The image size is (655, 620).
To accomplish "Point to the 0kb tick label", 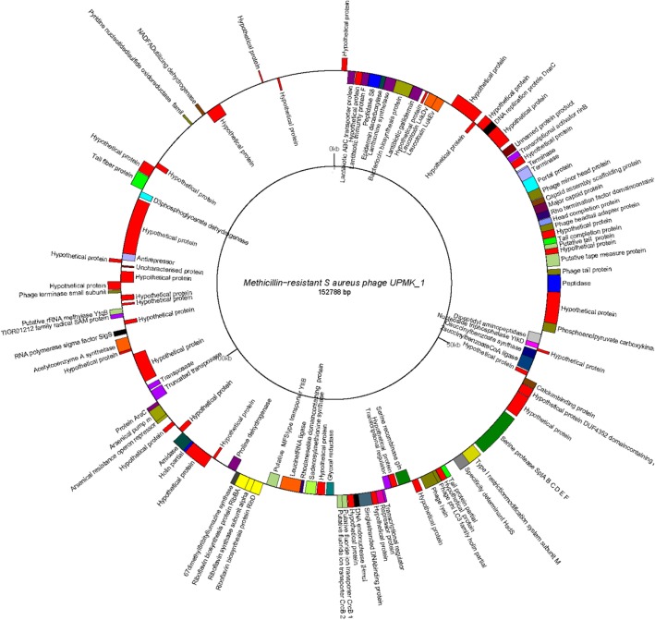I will (331, 149).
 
